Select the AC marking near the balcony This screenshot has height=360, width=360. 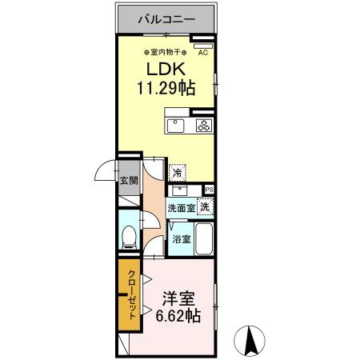point(202,53)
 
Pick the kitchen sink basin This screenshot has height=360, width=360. point(175,125)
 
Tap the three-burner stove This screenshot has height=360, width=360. point(203,125)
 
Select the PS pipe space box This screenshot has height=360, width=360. point(210,189)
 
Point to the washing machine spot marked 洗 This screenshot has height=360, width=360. point(206,206)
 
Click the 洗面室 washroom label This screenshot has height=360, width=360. point(180,208)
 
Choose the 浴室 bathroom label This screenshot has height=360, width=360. point(181,238)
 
